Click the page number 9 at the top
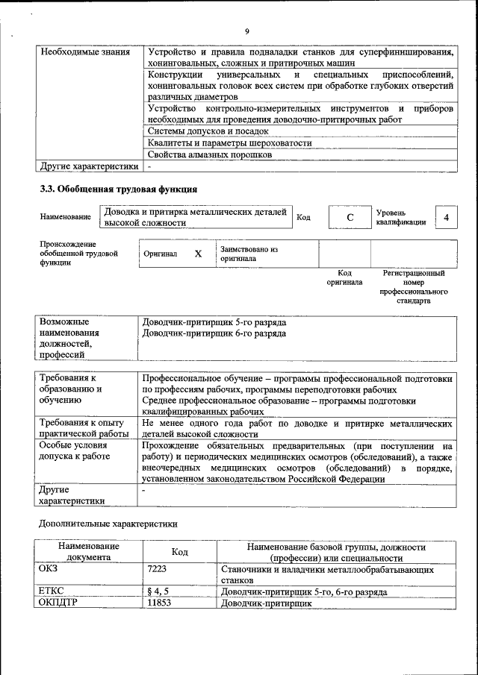point(246,31)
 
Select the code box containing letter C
point(350,218)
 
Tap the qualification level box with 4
point(446,217)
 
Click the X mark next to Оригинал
point(198,254)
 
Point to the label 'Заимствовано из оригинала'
point(248,254)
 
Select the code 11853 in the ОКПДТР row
point(160,602)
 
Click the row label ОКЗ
point(48,569)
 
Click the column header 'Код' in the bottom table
point(179,552)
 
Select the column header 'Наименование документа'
point(88,552)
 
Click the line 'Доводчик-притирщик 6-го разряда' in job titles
point(214,333)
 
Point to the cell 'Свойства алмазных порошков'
point(209,154)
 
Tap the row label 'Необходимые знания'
point(84,52)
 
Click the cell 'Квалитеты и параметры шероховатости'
point(229,143)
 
